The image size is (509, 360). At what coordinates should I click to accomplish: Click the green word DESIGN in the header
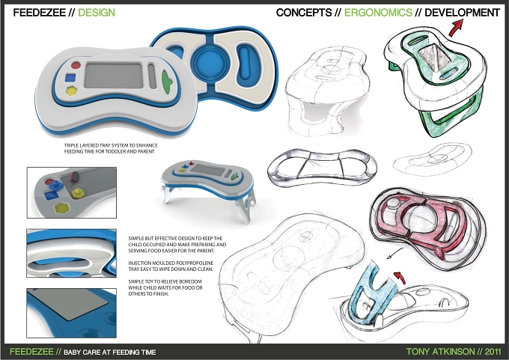(97, 13)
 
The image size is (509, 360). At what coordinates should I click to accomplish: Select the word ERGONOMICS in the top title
(378, 13)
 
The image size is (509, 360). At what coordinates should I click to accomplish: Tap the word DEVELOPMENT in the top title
(463, 13)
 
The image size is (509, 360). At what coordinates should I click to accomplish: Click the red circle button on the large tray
(76, 65)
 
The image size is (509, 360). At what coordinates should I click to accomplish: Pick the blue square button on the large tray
(70, 78)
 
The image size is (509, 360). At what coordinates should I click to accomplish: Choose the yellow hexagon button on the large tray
(71, 91)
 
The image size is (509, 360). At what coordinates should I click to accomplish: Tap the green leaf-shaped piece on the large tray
(167, 82)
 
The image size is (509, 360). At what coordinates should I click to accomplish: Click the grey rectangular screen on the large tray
(114, 76)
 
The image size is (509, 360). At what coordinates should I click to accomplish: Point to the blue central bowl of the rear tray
(210, 61)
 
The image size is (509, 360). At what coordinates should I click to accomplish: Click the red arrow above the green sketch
(455, 27)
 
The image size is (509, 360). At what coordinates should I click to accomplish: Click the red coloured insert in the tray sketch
(422, 224)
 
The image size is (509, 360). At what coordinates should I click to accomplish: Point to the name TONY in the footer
(418, 352)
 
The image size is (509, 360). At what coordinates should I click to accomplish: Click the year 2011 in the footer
(493, 352)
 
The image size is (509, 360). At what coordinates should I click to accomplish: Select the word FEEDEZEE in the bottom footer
(31, 352)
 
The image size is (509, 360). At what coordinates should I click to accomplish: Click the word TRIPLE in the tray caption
(71, 145)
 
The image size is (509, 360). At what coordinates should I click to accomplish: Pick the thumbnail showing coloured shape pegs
(71, 192)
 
